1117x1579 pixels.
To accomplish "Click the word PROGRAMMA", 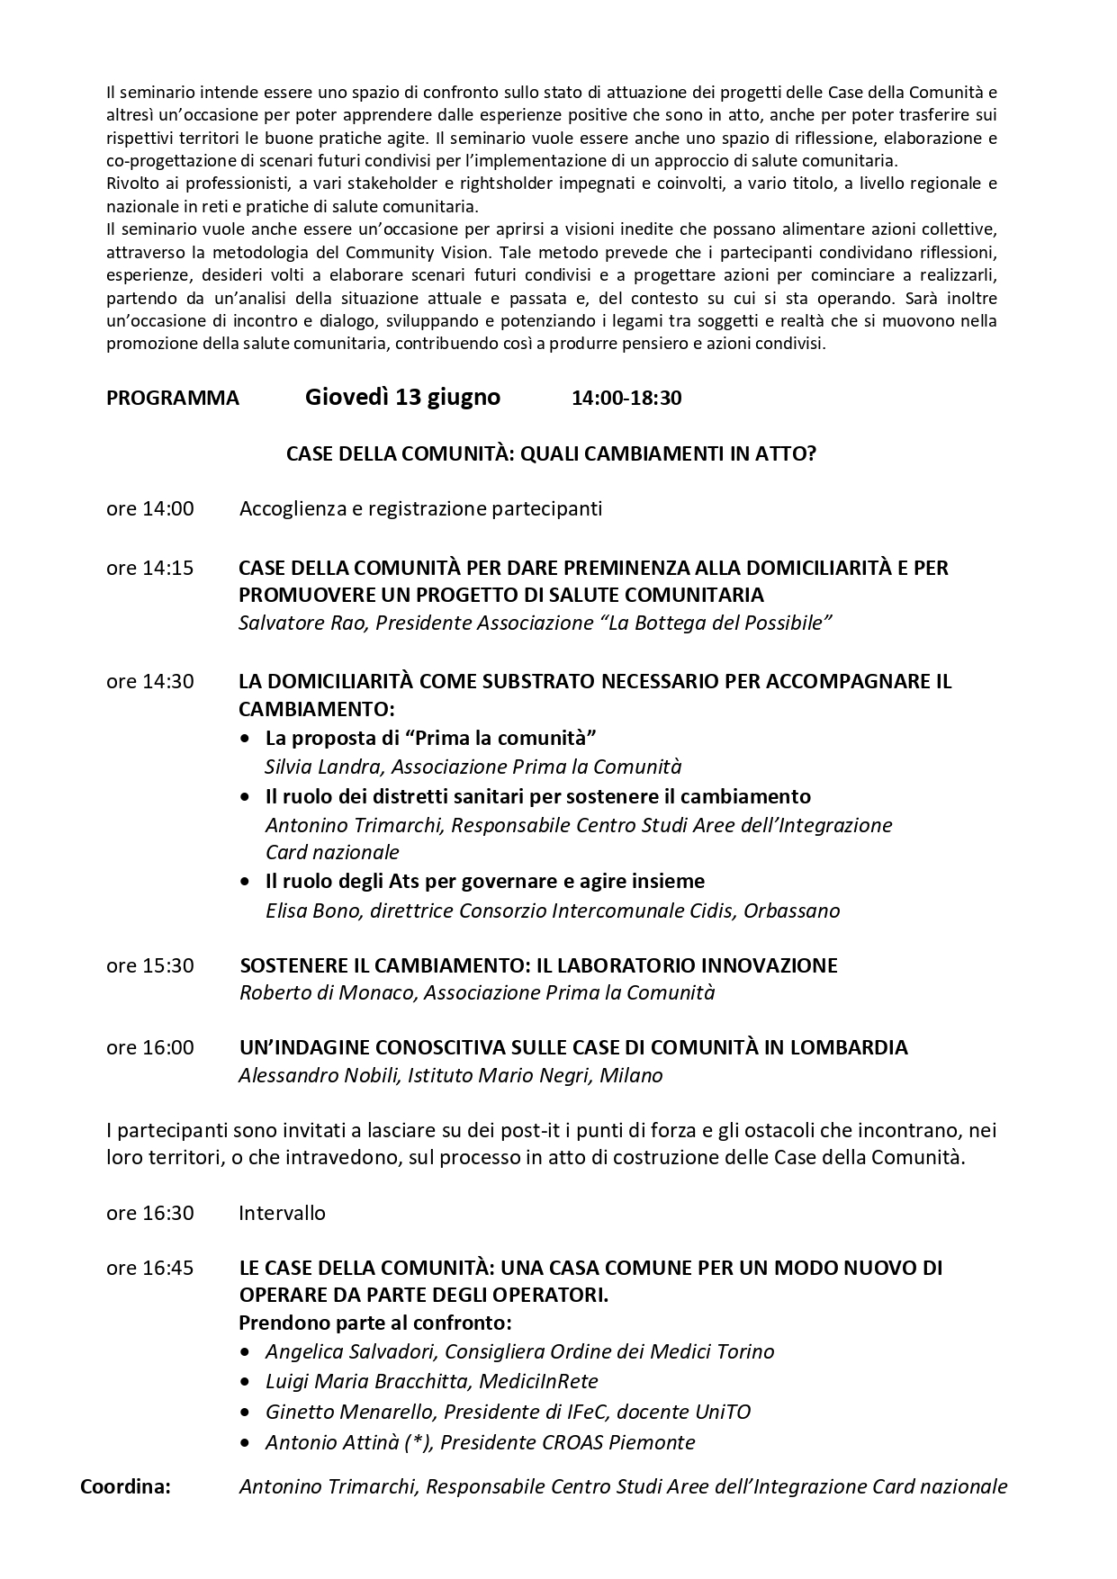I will click(x=173, y=399).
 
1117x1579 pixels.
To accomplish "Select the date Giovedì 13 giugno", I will click(x=402, y=397).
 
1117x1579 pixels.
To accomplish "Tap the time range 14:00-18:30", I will click(x=626, y=399).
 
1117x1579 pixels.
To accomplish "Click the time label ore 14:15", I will click(x=149, y=569).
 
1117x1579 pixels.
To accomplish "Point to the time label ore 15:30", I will click(x=149, y=966).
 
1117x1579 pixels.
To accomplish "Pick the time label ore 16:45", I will click(x=149, y=1269).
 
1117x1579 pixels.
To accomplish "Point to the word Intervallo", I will click(x=282, y=1214).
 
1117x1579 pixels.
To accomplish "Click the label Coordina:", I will click(x=125, y=1486).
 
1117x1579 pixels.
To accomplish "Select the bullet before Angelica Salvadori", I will click(x=246, y=1352).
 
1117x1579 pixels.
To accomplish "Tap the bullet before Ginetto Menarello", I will click(x=246, y=1413).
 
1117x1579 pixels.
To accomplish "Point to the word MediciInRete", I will click(x=539, y=1381).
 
